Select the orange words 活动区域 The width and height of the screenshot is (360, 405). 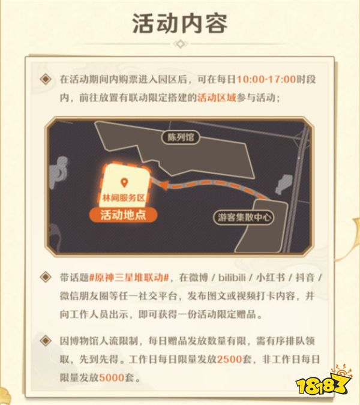pos(215,98)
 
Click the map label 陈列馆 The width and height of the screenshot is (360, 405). pos(180,137)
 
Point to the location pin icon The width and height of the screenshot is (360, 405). pos(124,182)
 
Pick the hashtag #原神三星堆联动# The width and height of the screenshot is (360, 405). pos(130,277)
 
